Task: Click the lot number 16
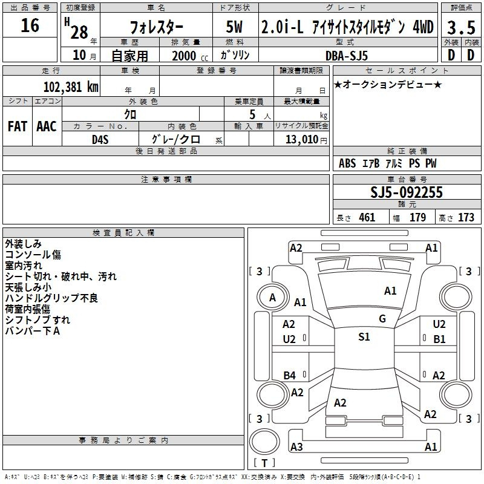coord(30,26)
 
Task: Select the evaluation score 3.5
coord(460,27)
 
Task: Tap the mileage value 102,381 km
coord(71,87)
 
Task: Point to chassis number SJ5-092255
coord(406,192)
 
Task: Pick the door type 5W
coord(235,27)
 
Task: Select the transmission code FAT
coord(17,126)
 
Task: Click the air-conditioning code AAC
coord(47,126)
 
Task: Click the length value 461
coord(367,217)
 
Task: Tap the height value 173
coord(466,217)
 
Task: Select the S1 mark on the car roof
coord(364,337)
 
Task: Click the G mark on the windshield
coord(382,319)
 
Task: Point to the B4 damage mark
coord(290,376)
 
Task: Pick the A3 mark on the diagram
coord(296,447)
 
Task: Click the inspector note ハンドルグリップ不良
coord(51,298)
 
